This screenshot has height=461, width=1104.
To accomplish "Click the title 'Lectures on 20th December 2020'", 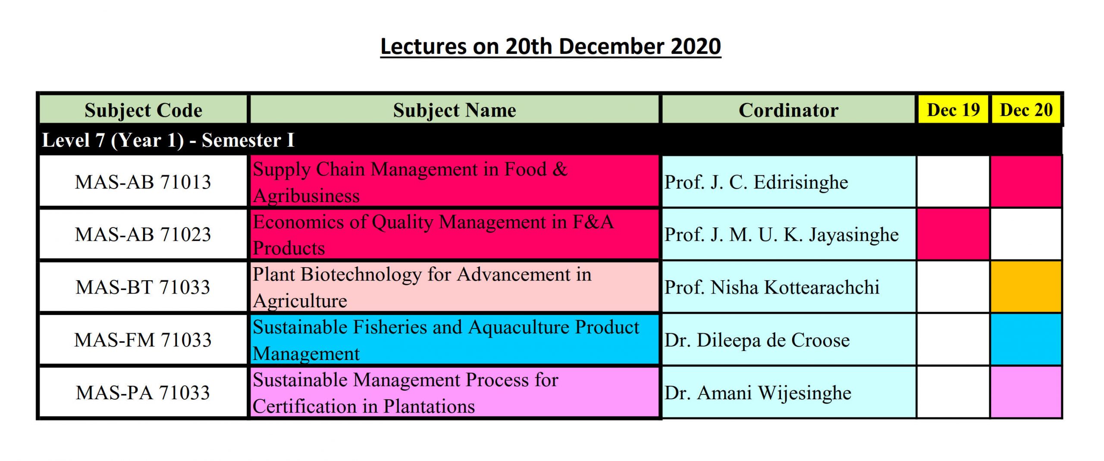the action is (x=551, y=47).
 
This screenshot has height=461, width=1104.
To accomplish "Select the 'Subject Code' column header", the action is (x=143, y=110).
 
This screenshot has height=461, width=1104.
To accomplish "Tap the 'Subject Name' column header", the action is (x=455, y=110).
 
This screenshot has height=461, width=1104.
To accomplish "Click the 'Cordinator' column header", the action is (x=788, y=110).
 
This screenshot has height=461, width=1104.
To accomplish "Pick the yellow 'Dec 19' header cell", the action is (x=953, y=110).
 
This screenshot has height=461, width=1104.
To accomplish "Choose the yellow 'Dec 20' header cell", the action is (x=1026, y=110).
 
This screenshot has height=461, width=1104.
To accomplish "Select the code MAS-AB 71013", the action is (x=143, y=182).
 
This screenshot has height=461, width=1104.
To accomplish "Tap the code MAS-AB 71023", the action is (x=143, y=234).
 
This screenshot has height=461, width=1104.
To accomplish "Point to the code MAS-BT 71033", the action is (x=143, y=287).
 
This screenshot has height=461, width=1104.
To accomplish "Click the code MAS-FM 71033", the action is (x=143, y=340).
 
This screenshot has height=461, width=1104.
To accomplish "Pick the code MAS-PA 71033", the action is (x=143, y=392).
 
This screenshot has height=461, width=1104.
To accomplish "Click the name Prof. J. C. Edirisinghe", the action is (x=756, y=182).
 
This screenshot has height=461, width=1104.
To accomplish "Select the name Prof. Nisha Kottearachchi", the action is (x=772, y=287).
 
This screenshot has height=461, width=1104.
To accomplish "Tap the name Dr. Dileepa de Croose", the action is (x=757, y=340).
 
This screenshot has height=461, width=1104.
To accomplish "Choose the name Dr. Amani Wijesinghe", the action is (x=758, y=393).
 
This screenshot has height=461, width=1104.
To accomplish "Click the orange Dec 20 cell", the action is (x=1026, y=287).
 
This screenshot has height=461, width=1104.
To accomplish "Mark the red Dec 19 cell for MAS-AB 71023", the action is (x=953, y=234).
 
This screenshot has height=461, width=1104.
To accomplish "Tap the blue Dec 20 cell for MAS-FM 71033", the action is (x=1026, y=339).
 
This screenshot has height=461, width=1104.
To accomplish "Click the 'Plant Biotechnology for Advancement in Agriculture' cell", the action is (x=455, y=287).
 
